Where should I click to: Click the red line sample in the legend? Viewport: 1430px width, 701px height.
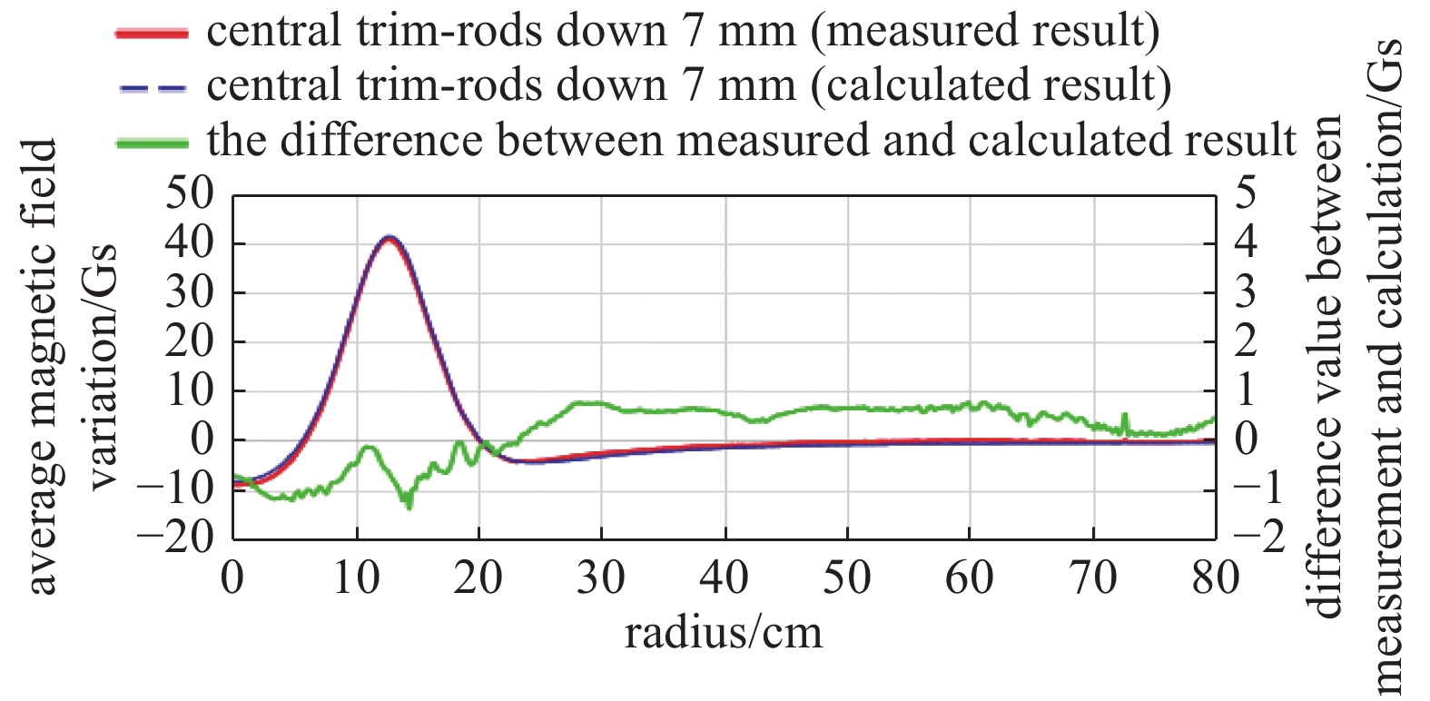pos(152,34)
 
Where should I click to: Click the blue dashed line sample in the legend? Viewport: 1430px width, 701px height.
pos(152,88)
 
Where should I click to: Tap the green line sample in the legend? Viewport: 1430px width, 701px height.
pos(152,143)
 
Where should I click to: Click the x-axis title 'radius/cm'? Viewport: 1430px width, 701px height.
pos(724,632)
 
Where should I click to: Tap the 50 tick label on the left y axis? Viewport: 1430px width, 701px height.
pos(189,194)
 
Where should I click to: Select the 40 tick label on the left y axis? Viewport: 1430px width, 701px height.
pos(189,243)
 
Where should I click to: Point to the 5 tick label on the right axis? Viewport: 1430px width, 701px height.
pos(1246,194)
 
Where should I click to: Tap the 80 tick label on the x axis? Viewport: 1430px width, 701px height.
pos(1215,578)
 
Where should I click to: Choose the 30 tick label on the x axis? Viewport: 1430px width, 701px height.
pos(601,578)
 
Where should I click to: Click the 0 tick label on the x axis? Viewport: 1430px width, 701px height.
pos(233,578)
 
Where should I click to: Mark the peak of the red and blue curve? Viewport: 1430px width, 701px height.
pos(390,238)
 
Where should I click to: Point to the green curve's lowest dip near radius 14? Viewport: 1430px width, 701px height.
pos(408,505)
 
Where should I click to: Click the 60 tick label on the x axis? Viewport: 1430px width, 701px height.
pos(969,578)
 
